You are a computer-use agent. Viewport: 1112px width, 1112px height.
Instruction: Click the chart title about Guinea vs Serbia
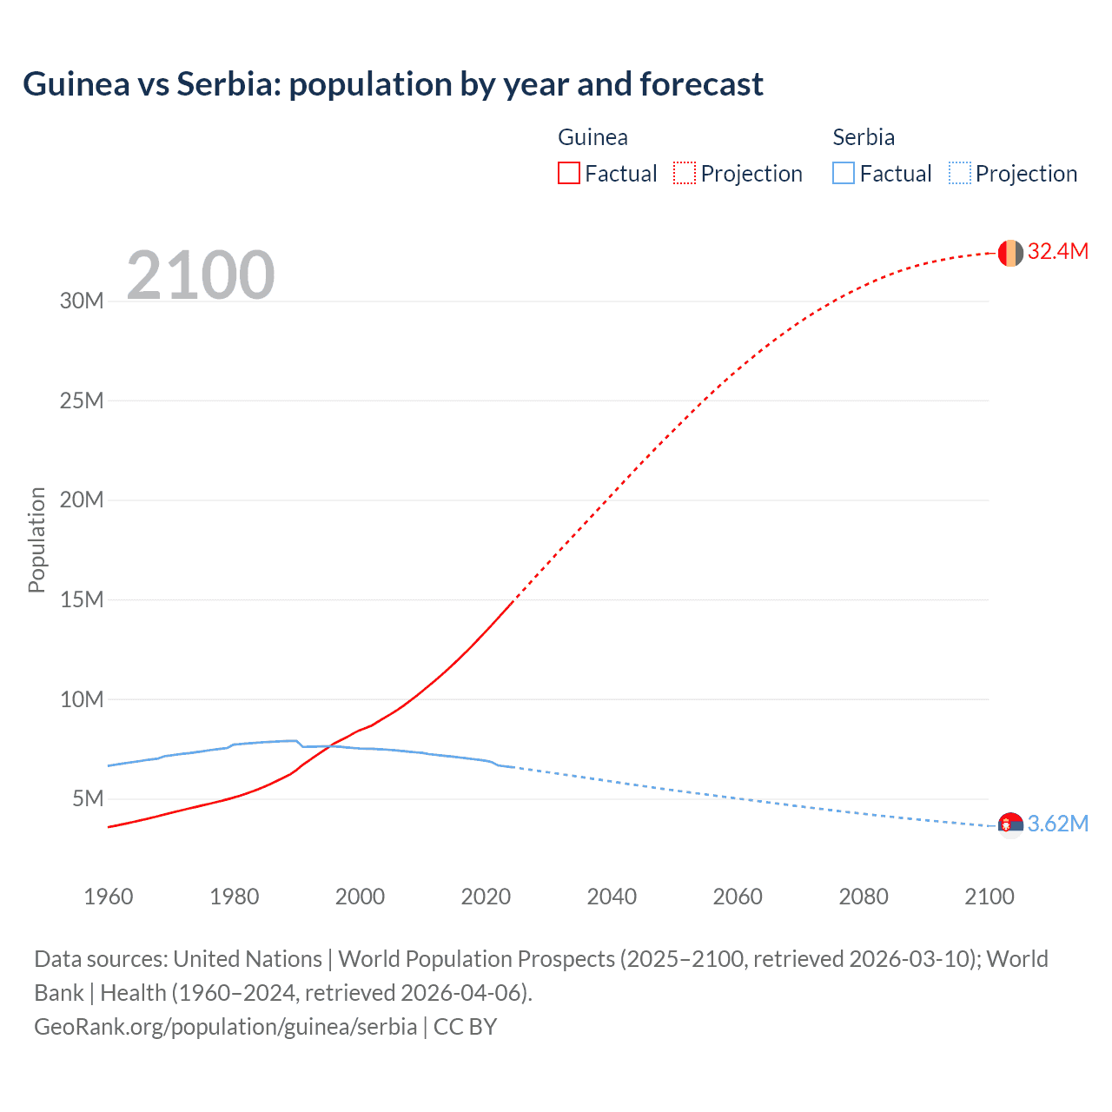tap(393, 84)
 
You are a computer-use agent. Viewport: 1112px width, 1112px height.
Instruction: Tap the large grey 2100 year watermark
tap(201, 275)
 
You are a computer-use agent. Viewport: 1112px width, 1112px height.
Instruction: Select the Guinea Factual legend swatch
tap(568, 173)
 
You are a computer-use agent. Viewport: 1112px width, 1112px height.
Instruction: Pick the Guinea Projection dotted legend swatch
tap(685, 173)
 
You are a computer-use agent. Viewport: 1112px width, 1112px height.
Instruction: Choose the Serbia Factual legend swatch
tap(844, 173)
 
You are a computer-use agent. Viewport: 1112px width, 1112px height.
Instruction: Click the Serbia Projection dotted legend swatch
tap(959, 173)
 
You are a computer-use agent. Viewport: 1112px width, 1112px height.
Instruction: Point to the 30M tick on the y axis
tap(82, 301)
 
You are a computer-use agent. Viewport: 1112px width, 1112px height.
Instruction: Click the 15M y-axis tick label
tap(82, 599)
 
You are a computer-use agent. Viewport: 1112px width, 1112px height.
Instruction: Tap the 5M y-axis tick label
tap(88, 798)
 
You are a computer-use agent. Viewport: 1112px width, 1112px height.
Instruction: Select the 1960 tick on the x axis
tap(109, 897)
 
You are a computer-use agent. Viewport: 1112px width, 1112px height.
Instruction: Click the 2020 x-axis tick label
tap(486, 897)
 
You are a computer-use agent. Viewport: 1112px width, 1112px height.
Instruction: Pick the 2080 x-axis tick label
tap(864, 897)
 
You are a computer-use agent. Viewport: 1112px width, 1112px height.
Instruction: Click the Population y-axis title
tap(36, 539)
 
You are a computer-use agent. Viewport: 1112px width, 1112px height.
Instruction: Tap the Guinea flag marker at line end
tap(1010, 253)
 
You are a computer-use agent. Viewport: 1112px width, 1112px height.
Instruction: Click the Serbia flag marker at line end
tap(1010, 825)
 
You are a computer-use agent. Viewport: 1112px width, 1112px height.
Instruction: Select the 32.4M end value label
tap(1057, 252)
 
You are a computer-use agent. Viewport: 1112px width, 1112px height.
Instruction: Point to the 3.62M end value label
tap(1057, 824)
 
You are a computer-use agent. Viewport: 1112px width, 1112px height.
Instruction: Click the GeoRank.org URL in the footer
tap(226, 1027)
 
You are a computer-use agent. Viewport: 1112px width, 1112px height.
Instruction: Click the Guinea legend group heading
tap(592, 137)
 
